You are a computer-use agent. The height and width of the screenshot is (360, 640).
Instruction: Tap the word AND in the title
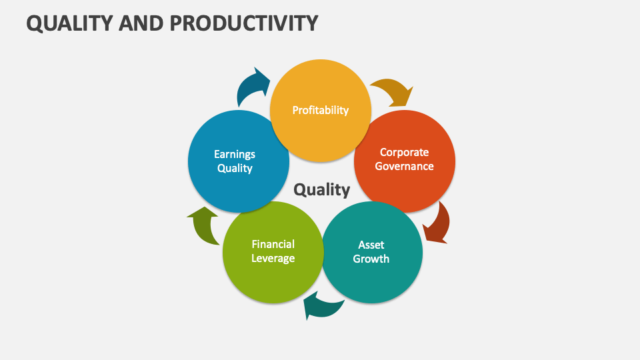pyautogui.click(x=141, y=23)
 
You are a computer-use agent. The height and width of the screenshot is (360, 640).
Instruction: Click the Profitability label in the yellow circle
pyautogui.click(x=320, y=110)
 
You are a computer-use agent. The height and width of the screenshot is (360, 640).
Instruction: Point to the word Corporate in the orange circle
pyautogui.click(x=404, y=152)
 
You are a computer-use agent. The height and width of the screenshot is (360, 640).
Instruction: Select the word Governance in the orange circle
pyautogui.click(x=404, y=166)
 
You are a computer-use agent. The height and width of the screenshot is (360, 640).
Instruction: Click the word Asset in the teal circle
pyautogui.click(x=371, y=245)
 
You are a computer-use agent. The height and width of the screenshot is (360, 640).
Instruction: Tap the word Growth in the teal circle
pyautogui.click(x=371, y=259)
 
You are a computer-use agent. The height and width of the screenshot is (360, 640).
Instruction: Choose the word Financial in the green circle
pyautogui.click(x=273, y=244)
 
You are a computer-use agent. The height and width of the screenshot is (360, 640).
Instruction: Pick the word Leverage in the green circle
pyautogui.click(x=273, y=258)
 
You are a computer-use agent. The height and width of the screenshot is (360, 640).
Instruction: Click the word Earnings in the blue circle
pyautogui.click(x=235, y=154)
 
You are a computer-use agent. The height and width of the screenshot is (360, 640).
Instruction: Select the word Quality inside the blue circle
pyautogui.click(x=235, y=168)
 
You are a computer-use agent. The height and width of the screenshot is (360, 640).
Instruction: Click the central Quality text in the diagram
pyautogui.click(x=322, y=190)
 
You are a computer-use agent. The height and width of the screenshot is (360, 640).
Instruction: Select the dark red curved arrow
pyautogui.click(x=437, y=225)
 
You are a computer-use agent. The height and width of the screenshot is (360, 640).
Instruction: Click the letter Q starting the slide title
pyautogui.click(x=34, y=23)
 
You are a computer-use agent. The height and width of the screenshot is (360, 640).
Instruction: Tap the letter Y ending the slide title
pyautogui.click(x=311, y=23)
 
